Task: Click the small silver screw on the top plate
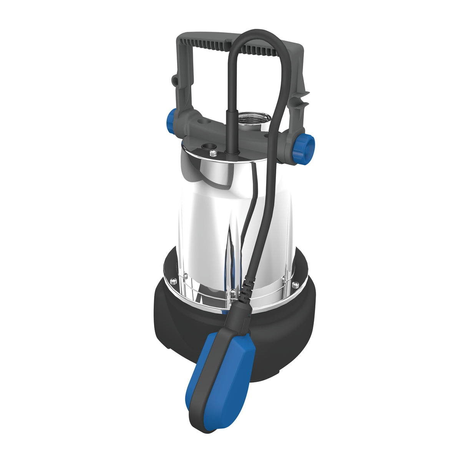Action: click(214, 154)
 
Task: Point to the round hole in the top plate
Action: click(209, 146)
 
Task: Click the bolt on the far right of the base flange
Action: click(295, 284)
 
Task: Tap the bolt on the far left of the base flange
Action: click(172, 280)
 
